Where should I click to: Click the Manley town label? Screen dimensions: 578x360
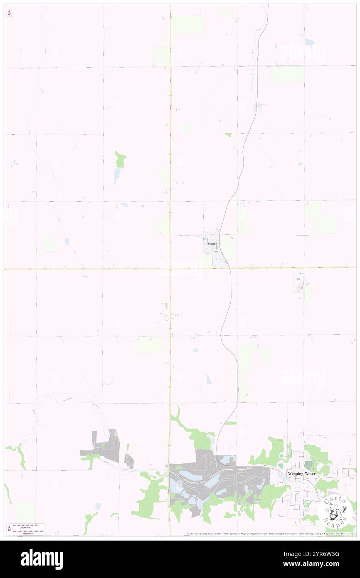point(212,244)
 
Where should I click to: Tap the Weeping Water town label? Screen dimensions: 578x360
point(301,474)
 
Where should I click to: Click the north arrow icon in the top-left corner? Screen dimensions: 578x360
point(9,13)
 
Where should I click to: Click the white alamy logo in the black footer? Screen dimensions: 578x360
point(42,559)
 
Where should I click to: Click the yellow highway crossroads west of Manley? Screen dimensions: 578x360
point(170,269)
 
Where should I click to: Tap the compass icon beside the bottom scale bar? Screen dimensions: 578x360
point(9,529)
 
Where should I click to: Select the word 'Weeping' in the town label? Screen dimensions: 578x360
point(296,474)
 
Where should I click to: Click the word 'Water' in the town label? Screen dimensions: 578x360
point(310,474)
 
